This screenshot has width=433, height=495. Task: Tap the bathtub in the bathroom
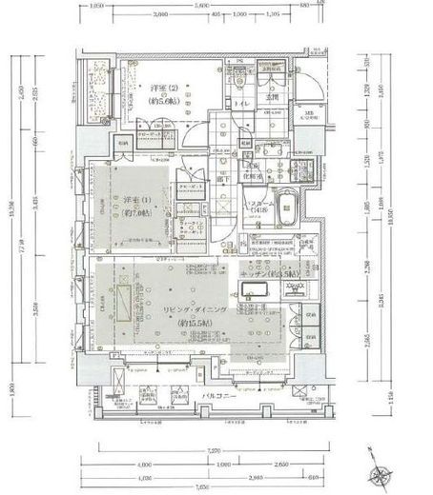click(x=284, y=220)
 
